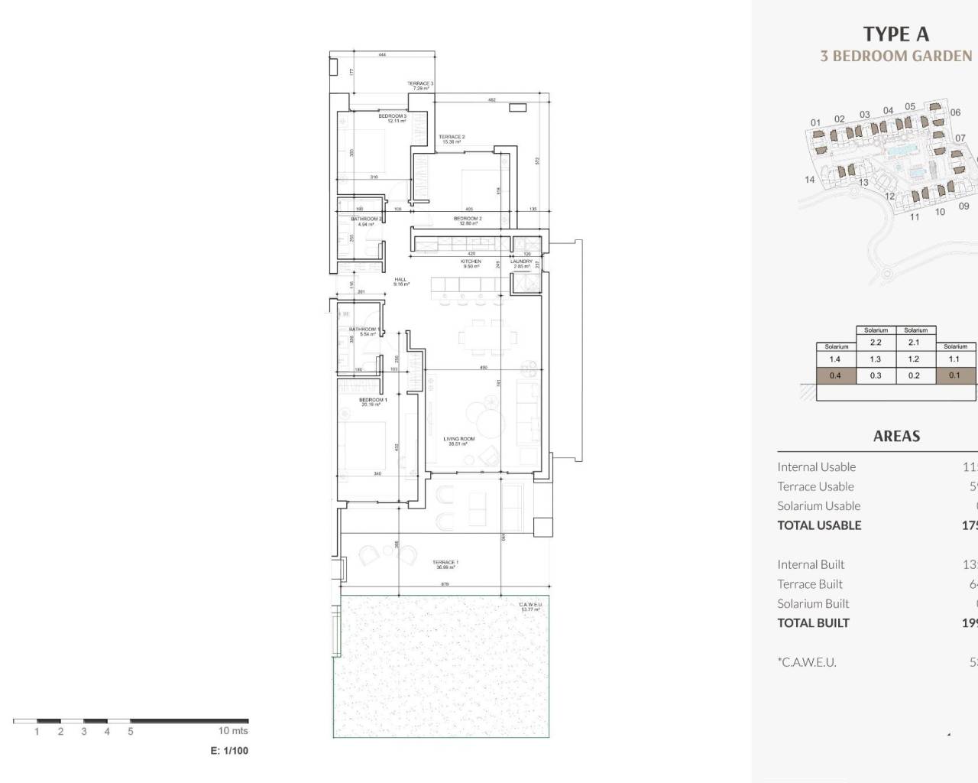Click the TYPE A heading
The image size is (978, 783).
[x=895, y=34]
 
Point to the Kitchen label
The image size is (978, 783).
[x=471, y=264]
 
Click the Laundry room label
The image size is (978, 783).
[x=521, y=264]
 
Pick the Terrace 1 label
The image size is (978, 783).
[x=445, y=564]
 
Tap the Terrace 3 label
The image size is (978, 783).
[x=420, y=86]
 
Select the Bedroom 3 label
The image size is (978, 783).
[x=393, y=119]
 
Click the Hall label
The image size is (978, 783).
[x=401, y=281]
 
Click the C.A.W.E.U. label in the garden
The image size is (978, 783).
[x=529, y=606]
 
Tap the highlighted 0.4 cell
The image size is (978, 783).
[x=835, y=375]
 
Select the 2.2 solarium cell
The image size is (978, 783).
[x=876, y=343]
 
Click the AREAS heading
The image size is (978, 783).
[x=896, y=436]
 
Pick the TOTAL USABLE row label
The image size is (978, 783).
[x=819, y=525]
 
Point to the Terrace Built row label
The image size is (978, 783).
[x=810, y=584]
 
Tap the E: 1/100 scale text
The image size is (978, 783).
[x=229, y=751]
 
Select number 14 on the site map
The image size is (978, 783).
[x=810, y=180]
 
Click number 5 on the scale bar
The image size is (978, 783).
[x=131, y=732]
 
